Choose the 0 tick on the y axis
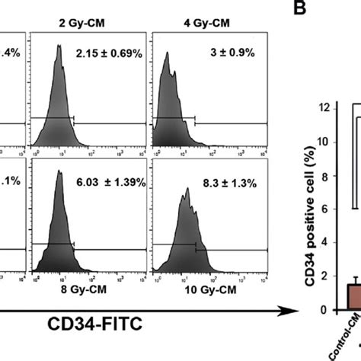click(328, 310)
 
